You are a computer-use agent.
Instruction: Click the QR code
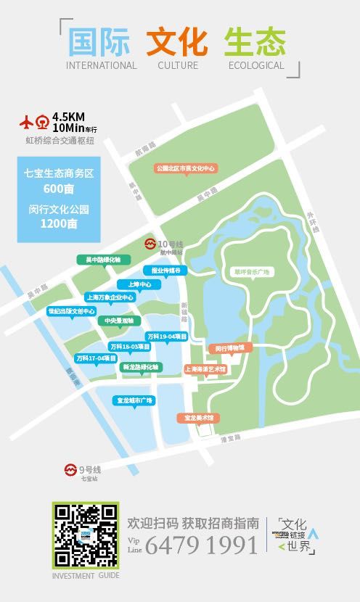point(85,535)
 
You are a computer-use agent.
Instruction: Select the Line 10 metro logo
point(151,242)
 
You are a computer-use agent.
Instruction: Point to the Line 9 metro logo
point(70,469)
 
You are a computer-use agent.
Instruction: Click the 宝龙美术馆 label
point(198,418)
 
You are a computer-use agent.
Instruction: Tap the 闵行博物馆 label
point(231,347)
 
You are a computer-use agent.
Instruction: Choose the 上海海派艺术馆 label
point(205,368)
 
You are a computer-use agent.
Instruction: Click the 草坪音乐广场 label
point(251,271)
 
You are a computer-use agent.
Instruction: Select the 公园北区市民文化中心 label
point(187,168)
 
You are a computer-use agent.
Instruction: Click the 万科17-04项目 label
point(96,358)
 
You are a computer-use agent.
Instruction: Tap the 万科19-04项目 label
point(168,337)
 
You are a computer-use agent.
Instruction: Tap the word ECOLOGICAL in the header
point(256,65)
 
